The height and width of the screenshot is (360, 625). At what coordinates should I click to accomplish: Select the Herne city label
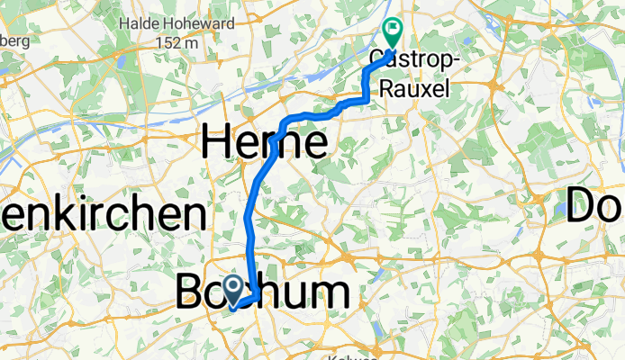click(x=264, y=141)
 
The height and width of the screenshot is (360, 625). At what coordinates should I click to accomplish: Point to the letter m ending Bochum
click(x=329, y=293)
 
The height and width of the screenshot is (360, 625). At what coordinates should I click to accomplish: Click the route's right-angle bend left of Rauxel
click(x=366, y=98)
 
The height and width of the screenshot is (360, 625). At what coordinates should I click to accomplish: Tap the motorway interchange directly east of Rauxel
click(x=495, y=85)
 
